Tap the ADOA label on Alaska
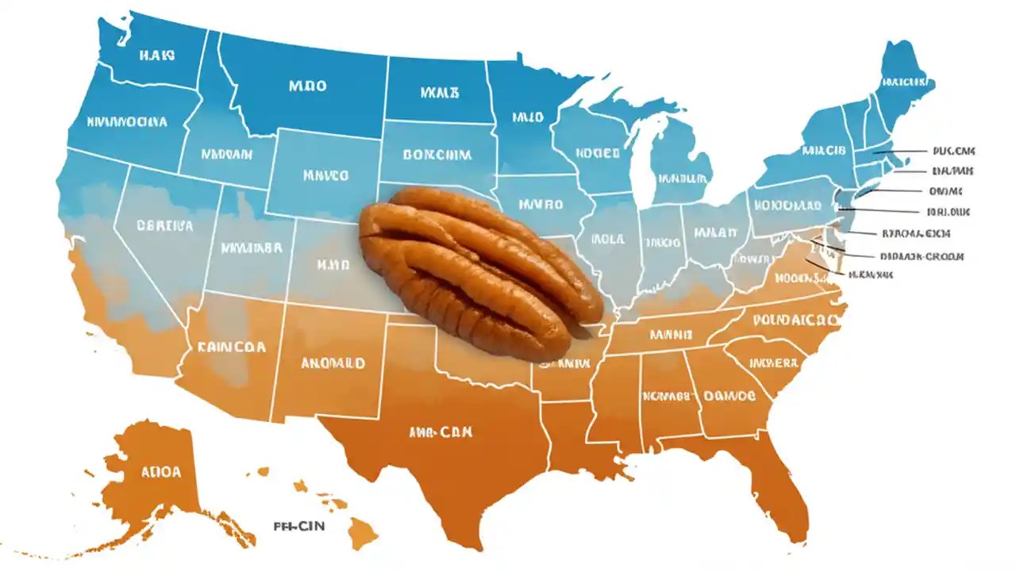pos(162,472)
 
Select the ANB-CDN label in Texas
pos(441,432)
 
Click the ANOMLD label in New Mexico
pos(333,363)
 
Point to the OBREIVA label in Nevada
pos(164,226)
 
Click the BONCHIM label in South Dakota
pos(437,155)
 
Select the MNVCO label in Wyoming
pos(325,174)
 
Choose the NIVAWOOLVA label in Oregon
pos(127,123)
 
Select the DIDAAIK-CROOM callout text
pos(922,257)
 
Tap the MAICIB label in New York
pos(823,150)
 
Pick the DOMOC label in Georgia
pos(730,394)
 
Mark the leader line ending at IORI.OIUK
pos(881,211)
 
